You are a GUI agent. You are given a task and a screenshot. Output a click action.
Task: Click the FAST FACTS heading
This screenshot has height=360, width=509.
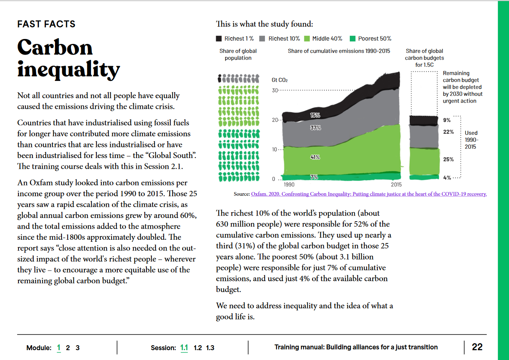click(x=46, y=24)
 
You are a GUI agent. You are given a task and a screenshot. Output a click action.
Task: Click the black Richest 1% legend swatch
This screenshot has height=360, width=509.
click(x=219, y=39)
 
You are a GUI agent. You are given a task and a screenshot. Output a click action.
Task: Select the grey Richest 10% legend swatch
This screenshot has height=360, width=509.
click(x=262, y=39)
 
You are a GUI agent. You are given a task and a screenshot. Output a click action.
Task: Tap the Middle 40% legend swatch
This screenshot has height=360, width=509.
click(x=307, y=39)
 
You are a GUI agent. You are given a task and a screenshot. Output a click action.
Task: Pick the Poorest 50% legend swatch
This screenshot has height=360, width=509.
click(x=352, y=39)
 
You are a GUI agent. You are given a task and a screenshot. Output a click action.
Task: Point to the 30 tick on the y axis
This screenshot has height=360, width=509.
click(x=275, y=90)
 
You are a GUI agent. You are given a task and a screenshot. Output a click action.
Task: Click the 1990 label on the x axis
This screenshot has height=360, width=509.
click(x=289, y=184)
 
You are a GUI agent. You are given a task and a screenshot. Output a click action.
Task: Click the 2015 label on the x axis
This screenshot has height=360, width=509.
click(x=396, y=184)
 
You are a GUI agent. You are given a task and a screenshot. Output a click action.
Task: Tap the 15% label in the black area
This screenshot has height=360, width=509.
click(x=315, y=115)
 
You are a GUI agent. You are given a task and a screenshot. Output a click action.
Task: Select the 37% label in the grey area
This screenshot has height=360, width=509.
click(x=316, y=128)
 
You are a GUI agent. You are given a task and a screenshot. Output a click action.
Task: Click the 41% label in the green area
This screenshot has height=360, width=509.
click(x=315, y=157)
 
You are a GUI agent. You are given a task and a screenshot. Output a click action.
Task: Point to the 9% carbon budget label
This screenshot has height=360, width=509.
click(x=447, y=120)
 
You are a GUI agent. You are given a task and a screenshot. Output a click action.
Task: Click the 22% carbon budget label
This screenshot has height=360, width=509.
click(x=448, y=132)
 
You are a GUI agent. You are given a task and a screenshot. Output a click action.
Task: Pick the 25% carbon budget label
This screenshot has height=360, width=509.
click(x=448, y=159)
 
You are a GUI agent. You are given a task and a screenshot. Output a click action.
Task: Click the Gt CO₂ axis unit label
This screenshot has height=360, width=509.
click(x=280, y=80)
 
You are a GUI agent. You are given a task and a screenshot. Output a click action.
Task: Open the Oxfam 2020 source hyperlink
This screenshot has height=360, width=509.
click(x=369, y=194)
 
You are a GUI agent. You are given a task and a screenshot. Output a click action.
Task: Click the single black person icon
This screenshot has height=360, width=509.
click(x=219, y=78)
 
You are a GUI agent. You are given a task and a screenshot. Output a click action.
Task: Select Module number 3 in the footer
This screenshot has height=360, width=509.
click(x=78, y=348)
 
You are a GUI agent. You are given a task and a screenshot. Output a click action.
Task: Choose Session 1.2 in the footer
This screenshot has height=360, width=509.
click(x=198, y=348)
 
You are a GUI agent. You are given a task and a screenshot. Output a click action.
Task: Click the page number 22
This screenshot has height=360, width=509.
click(x=477, y=347)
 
